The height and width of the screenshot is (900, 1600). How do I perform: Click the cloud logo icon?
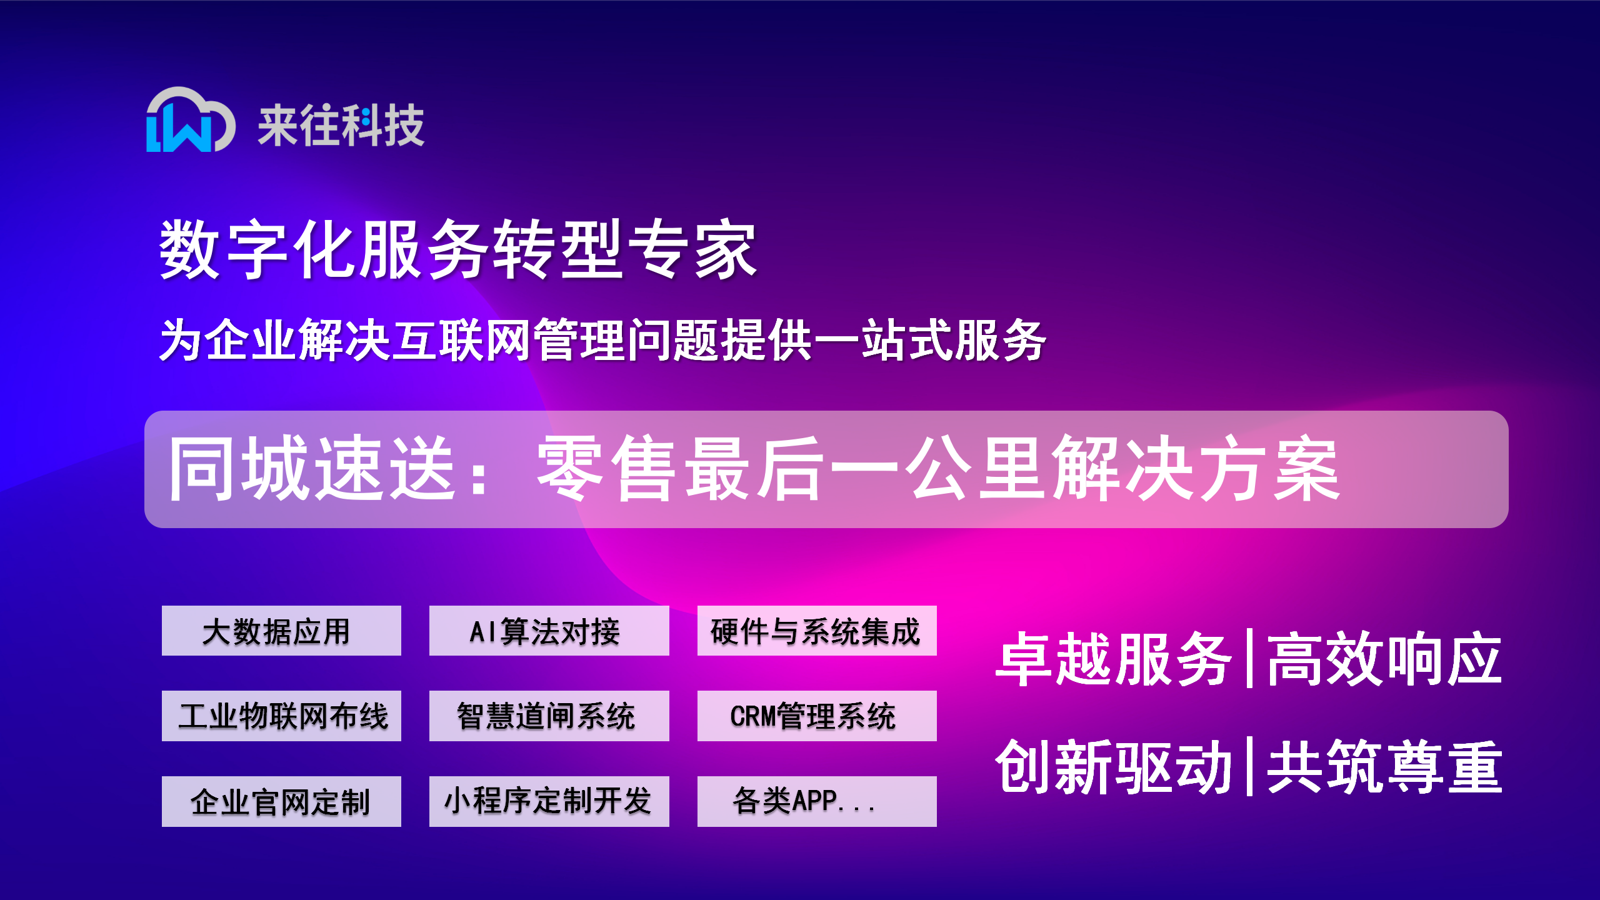tap(190, 120)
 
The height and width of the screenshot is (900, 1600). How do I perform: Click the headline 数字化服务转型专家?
tap(458, 249)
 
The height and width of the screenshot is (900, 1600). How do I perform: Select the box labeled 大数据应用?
tap(281, 631)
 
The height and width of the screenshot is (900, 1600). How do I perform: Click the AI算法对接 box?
tap(549, 631)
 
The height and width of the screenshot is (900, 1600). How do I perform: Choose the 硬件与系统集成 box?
tap(817, 631)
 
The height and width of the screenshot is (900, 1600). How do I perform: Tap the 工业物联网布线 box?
tap(281, 716)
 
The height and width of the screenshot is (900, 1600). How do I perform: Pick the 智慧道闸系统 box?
tap(549, 716)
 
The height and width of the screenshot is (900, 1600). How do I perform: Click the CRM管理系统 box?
tap(817, 716)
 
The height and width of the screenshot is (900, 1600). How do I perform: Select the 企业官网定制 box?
tap(281, 801)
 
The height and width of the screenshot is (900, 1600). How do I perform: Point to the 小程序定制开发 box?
tap(549, 801)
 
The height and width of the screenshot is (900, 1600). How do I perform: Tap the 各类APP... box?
tap(817, 801)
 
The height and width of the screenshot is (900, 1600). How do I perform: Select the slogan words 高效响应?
tap(1384, 659)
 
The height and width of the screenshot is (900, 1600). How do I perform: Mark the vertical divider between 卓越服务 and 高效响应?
tap(1249, 659)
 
